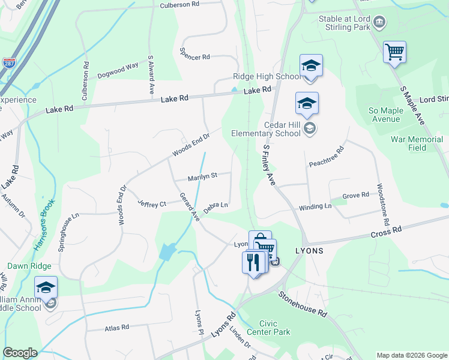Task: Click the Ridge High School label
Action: (x=267, y=77)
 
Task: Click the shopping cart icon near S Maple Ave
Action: (x=394, y=52)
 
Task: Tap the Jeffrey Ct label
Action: (x=151, y=204)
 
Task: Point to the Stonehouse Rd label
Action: (x=302, y=304)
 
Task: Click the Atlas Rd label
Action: (x=117, y=328)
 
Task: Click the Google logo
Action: (x=20, y=353)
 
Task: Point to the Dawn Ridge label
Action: (x=29, y=265)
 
